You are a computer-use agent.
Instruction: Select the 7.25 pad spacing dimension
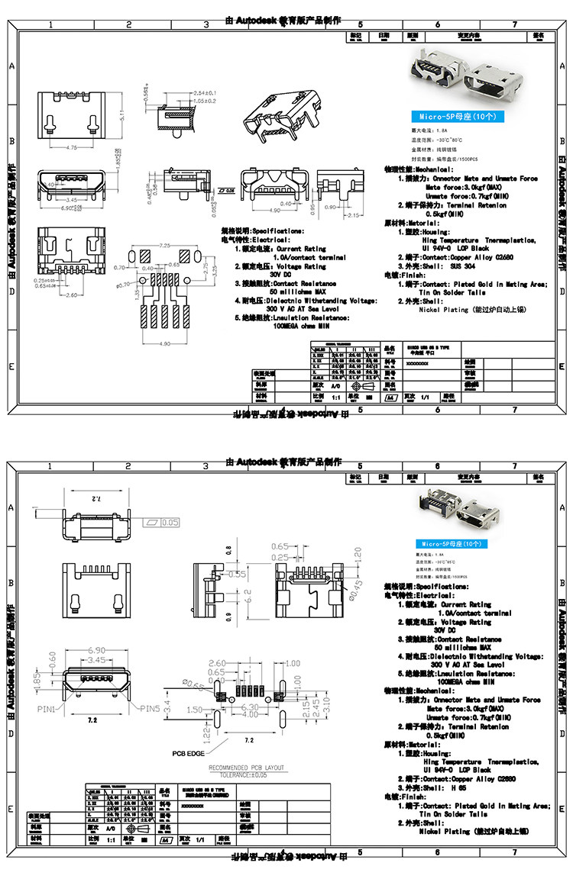[164, 246]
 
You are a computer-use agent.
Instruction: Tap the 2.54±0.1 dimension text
[204, 93]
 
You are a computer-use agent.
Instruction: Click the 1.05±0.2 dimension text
[204, 101]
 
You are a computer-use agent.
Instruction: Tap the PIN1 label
[47, 709]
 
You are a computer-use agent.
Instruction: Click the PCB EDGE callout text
[187, 753]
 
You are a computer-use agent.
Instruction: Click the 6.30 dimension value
[250, 707]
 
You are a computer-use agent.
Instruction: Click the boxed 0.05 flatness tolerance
[170, 522]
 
